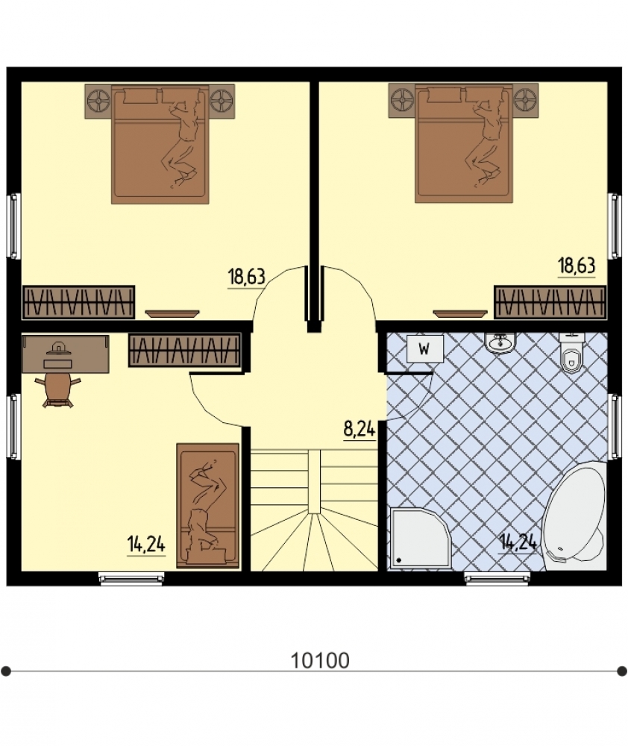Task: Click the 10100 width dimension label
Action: pos(320,660)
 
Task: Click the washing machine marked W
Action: pos(424,348)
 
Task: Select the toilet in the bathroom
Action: pos(571,352)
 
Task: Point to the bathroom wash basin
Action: pos(500,342)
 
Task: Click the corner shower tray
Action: pos(418,538)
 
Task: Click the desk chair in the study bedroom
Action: pos(58,389)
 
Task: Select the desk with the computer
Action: pos(66,354)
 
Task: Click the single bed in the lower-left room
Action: pos(208,506)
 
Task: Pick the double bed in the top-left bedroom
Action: pos(160,144)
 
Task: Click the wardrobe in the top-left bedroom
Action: pos(78,302)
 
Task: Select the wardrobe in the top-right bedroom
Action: pos(550,301)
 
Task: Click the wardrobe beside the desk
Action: pos(184,350)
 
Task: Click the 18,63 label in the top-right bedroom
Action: pos(577,266)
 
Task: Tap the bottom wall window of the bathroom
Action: pos(496,578)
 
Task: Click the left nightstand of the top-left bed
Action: pos(98,101)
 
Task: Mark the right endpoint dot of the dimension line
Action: pos(621,671)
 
